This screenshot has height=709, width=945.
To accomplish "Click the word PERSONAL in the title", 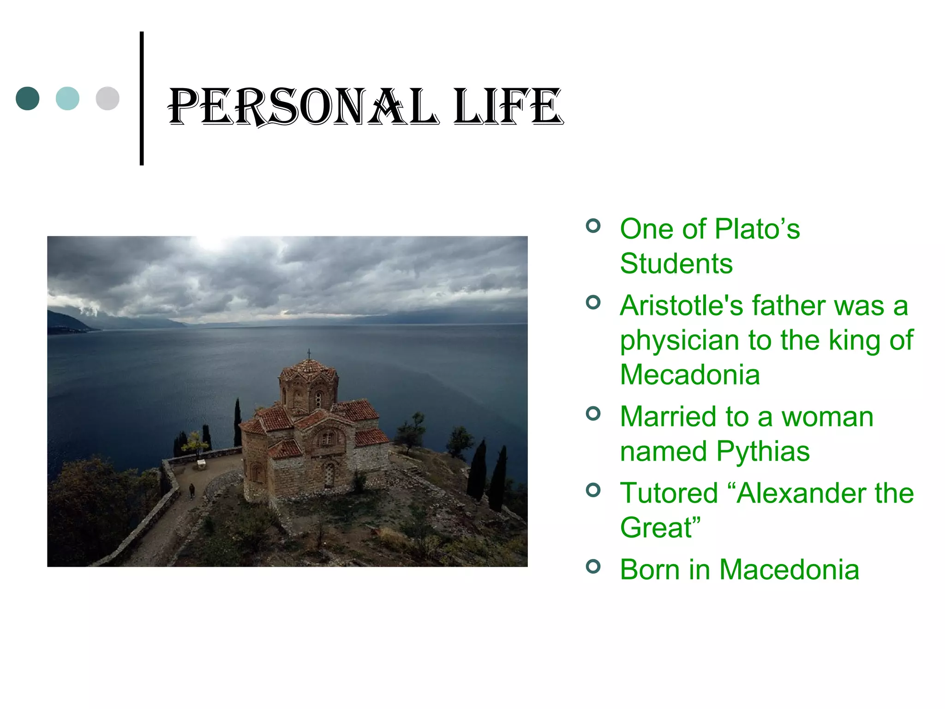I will pos(302,107).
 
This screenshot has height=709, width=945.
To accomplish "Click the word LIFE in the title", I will pos(508,107).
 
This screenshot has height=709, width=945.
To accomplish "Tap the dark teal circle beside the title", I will pos(28,98).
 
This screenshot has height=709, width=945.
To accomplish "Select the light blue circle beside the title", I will pos(67,98).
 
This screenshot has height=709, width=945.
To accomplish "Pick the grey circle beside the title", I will pos(108,98).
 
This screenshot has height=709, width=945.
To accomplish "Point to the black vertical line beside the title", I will pos(142,98).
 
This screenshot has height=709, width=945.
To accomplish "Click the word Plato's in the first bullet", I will pos(757,229).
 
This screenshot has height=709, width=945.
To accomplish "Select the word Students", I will pos(676,264).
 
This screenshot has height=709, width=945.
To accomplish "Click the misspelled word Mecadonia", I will pos(689,374).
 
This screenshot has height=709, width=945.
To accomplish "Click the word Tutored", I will pos(669,493).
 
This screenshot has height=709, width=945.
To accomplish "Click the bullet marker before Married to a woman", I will pos(593,414).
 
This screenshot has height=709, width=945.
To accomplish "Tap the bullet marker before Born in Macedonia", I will pos(593,566).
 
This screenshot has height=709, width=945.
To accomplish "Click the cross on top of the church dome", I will pos(309,354).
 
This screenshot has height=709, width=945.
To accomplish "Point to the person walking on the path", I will pos(192,491).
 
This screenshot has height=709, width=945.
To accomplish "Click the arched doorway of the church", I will pos(329,475).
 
